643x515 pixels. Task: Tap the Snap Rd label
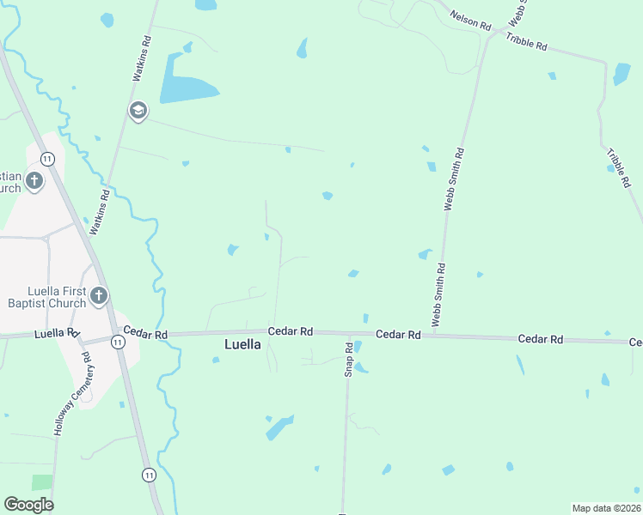[x=349, y=359]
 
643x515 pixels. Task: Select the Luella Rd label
[x=57, y=332]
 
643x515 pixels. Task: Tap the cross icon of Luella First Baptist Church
[x=99, y=296]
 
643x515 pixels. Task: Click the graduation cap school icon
[x=138, y=110]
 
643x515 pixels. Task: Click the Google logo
[x=28, y=504]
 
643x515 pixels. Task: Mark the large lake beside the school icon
[x=188, y=88]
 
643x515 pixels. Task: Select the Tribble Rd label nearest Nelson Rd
[x=526, y=41]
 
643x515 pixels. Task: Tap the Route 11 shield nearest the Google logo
[x=150, y=475]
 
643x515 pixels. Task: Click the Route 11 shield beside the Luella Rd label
[x=118, y=342]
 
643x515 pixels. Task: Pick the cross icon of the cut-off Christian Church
[x=34, y=180]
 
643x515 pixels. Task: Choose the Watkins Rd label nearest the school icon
[x=143, y=58]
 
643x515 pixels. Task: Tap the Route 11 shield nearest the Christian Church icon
[x=48, y=158]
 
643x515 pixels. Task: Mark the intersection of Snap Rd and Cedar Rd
[x=348, y=333]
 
